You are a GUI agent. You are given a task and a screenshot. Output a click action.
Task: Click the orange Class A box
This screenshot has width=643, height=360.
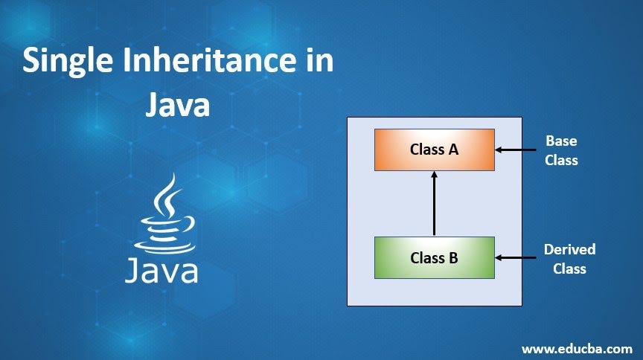(x=434, y=150)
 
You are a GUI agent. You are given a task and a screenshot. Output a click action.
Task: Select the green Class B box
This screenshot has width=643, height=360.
(x=434, y=258)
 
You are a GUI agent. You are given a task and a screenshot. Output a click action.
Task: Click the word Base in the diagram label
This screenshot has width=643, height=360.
(x=561, y=140)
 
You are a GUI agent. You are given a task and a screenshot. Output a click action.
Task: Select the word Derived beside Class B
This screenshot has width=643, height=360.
(x=569, y=249)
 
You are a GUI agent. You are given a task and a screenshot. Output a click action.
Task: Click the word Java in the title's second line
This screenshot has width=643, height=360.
(x=177, y=104)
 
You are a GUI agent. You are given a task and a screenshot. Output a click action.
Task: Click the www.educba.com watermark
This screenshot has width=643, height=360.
(x=577, y=348)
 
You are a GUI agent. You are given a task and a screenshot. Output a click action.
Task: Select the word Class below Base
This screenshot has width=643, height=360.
(x=561, y=159)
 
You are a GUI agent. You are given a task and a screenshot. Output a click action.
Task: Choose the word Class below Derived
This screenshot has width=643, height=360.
(x=569, y=269)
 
